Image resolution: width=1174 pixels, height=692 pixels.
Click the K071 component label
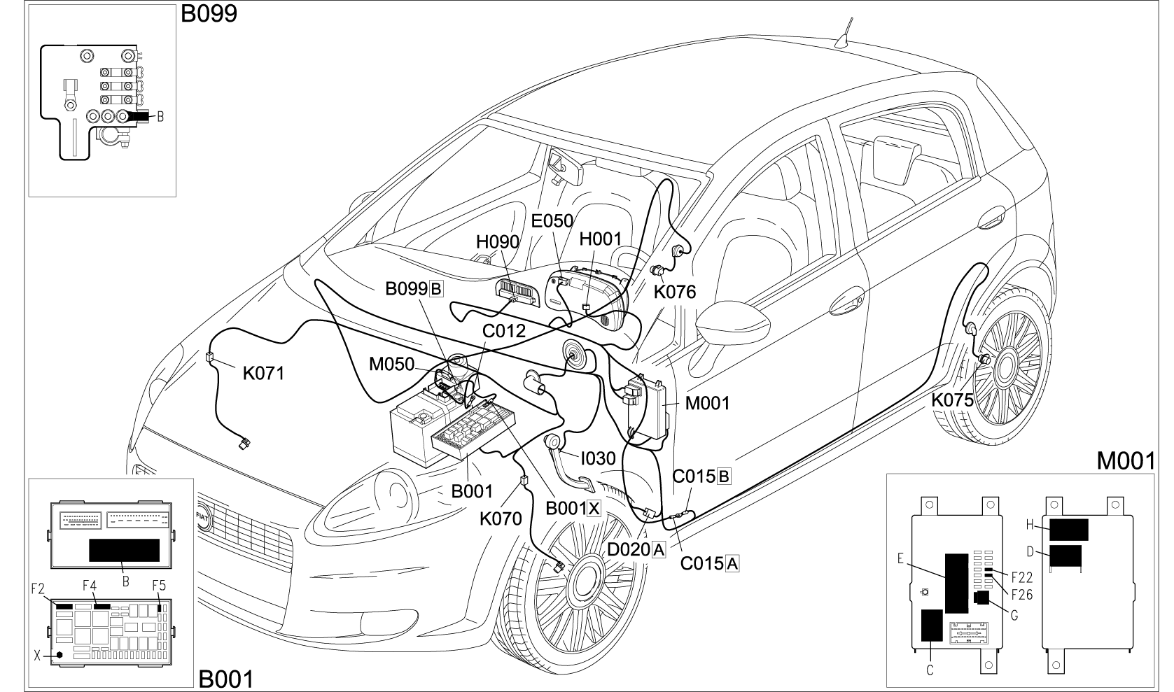tap(263, 374)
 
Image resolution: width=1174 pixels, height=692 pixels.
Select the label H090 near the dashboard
tap(497, 242)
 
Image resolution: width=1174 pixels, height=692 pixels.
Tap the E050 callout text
tap(552, 221)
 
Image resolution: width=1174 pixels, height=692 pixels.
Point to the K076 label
tap(675, 292)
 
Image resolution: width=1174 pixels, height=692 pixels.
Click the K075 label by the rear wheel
tap(952, 400)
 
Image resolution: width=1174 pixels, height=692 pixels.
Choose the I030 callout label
tap(599, 458)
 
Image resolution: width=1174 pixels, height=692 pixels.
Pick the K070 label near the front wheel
tap(501, 518)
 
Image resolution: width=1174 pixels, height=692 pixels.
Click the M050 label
tap(391, 364)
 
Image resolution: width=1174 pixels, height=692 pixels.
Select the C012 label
tap(504, 331)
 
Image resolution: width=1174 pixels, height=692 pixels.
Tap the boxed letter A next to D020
tap(658, 549)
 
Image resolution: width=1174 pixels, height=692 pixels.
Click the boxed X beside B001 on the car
tap(594, 509)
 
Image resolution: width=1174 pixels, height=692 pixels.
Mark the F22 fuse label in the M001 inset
tap(1022, 578)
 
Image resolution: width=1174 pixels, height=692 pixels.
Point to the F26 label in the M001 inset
tap(1022, 595)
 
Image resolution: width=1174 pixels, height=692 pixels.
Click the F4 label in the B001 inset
tap(89, 584)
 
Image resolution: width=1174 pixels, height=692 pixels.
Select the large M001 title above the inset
tap(1126, 460)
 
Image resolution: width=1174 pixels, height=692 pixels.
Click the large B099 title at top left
tap(209, 14)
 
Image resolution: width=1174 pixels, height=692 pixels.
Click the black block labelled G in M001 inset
tap(981, 598)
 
